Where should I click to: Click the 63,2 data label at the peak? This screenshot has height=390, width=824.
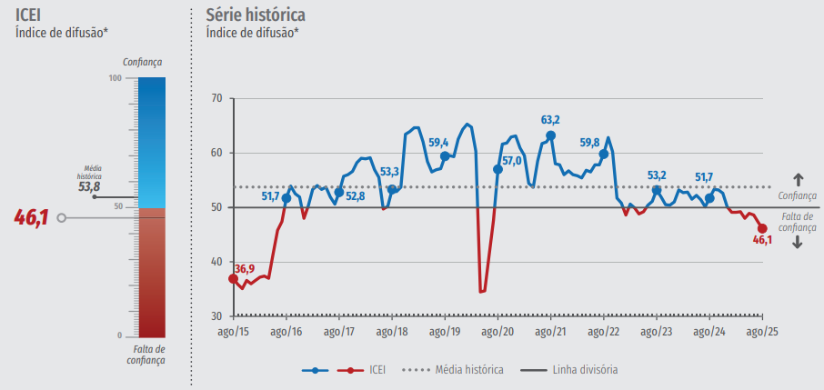(x=550, y=120)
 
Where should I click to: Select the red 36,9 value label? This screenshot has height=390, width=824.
(x=244, y=268)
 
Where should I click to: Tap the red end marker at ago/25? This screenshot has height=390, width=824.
(x=762, y=229)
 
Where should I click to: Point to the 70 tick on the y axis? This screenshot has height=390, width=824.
(x=216, y=98)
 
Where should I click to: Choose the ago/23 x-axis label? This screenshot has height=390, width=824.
(x=657, y=332)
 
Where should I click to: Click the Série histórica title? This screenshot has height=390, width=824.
(x=256, y=15)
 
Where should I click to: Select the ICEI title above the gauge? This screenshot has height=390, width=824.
(x=28, y=15)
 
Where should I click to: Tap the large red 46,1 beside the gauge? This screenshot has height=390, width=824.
(x=31, y=218)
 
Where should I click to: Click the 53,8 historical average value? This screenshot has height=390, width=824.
(x=89, y=186)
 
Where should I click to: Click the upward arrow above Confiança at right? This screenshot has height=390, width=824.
(x=798, y=179)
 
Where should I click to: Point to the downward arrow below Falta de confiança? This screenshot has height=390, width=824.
(x=798, y=242)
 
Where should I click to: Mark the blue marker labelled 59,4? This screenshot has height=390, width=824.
(x=445, y=156)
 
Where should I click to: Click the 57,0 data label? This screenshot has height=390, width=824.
(x=512, y=161)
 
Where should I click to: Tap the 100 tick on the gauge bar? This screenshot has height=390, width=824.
(x=115, y=78)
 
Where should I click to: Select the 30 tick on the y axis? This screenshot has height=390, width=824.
(x=216, y=316)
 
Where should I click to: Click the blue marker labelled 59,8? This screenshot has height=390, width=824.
(x=604, y=154)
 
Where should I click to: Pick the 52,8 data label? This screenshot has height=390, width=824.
(x=356, y=195)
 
